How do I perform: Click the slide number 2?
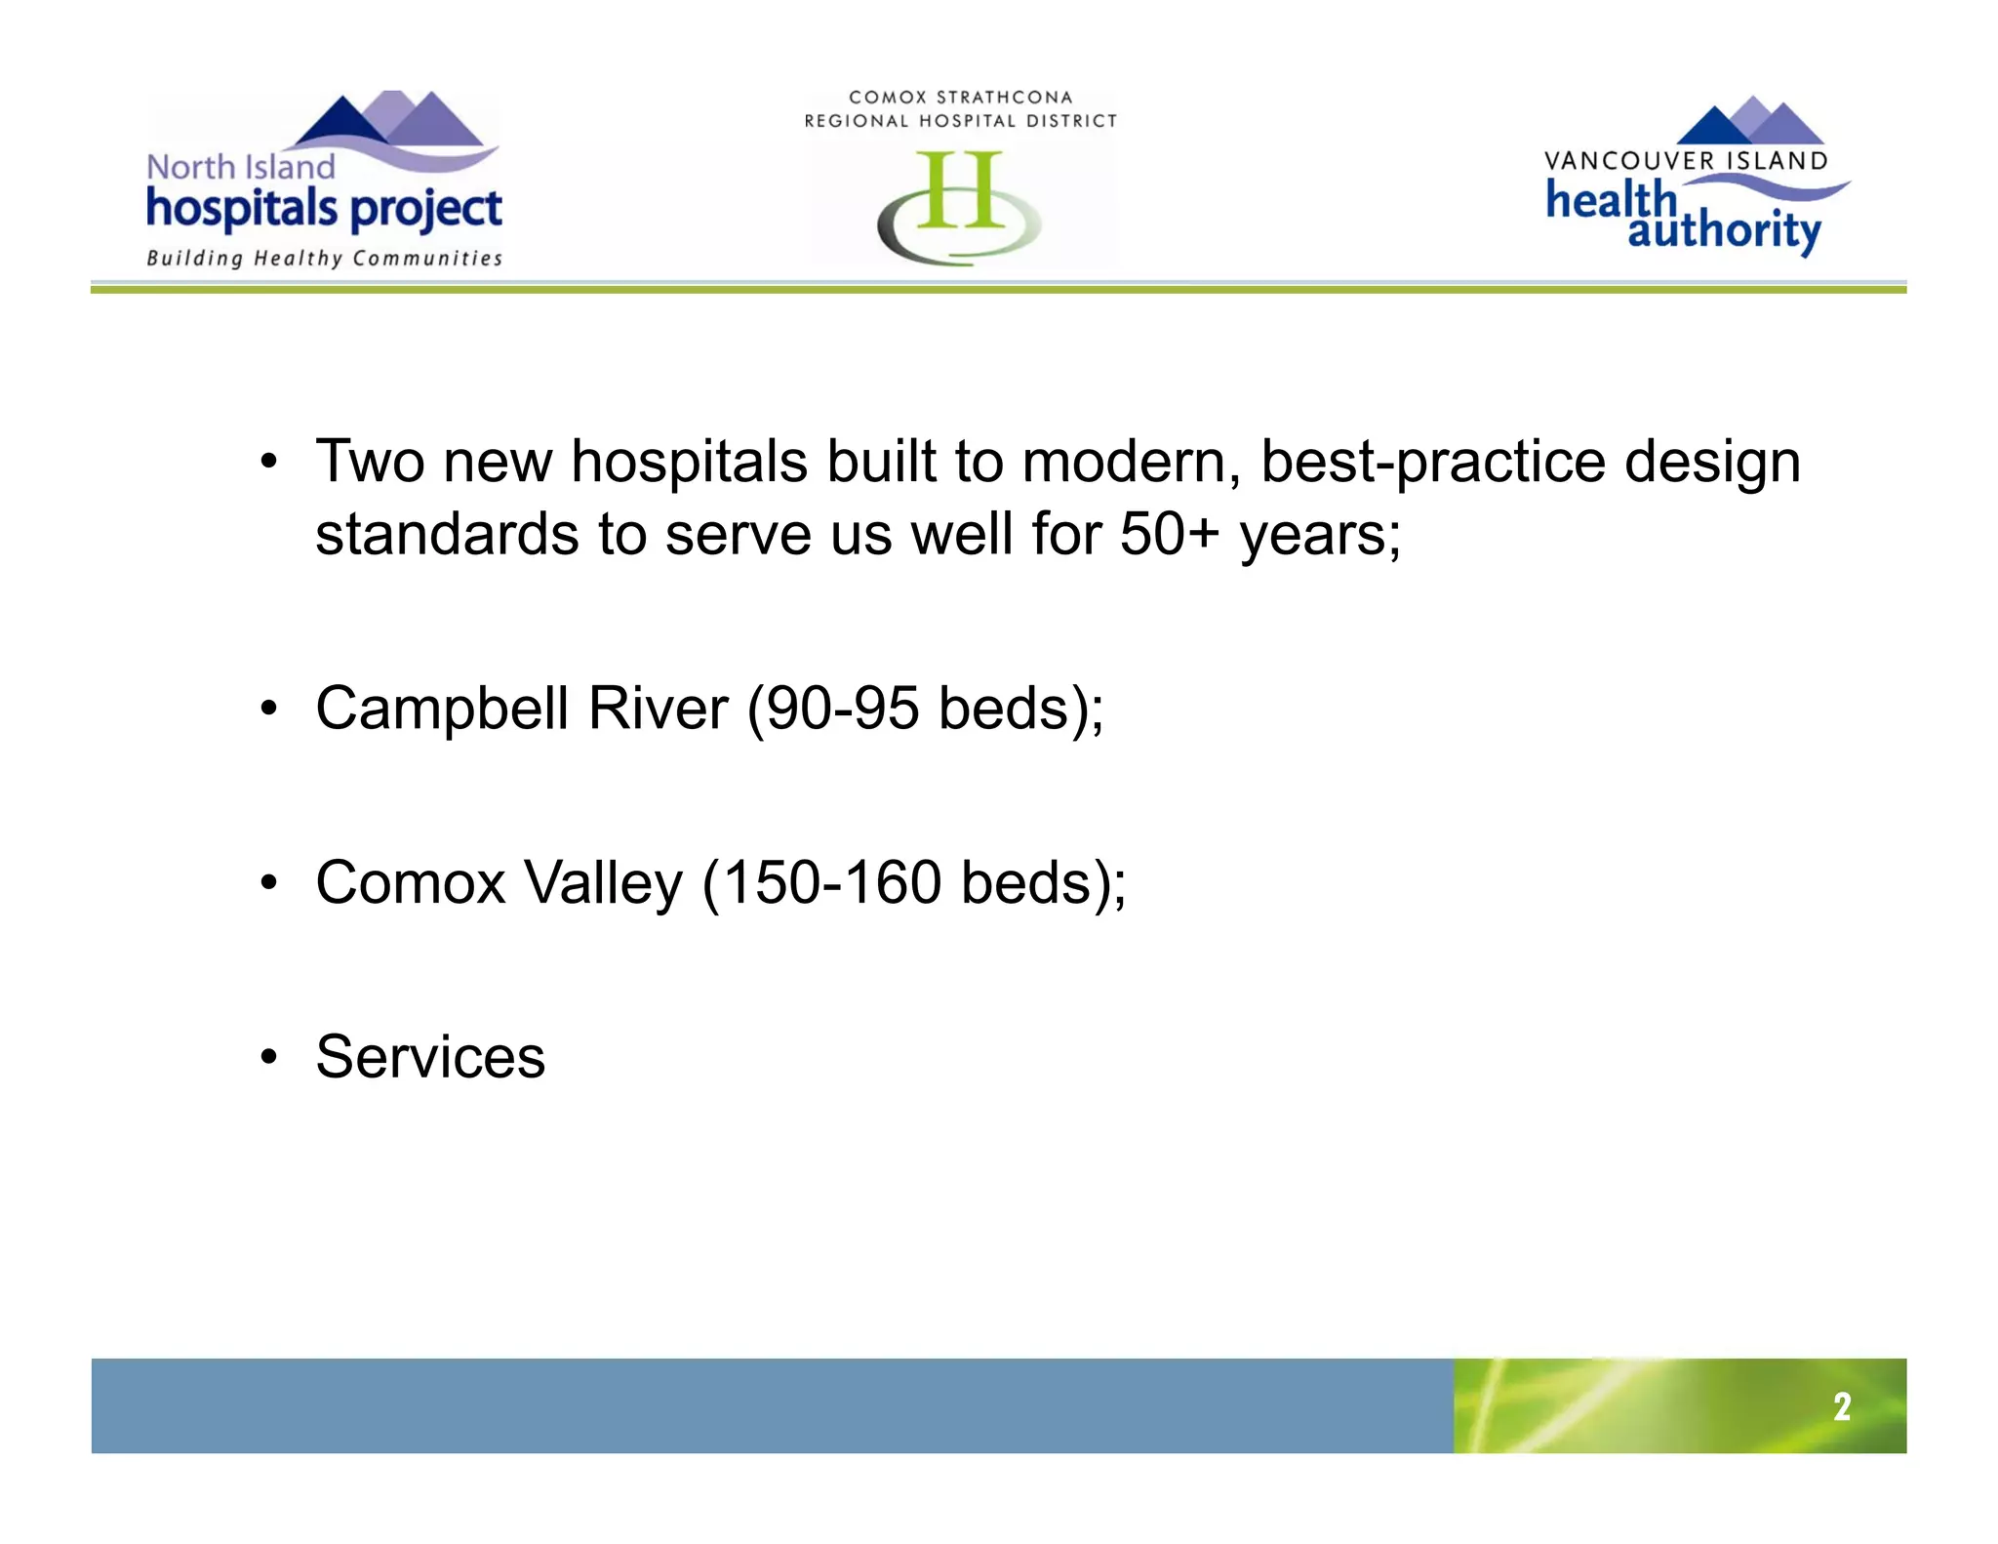tap(1841, 1406)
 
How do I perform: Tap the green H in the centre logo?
tap(960, 191)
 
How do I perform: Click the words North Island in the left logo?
tap(240, 167)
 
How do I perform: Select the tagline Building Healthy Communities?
tap(324, 259)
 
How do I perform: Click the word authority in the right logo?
tap(1724, 231)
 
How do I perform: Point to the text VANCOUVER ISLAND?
tap(1685, 161)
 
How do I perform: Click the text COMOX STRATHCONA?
tap(960, 98)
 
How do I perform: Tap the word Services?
tap(430, 1057)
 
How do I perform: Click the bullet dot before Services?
tap(269, 1057)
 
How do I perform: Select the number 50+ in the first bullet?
tap(1169, 535)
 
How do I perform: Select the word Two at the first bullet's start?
tap(370, 462)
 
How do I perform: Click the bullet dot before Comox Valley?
tap(269, 883)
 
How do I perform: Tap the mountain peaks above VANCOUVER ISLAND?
tap(1750, 122)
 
